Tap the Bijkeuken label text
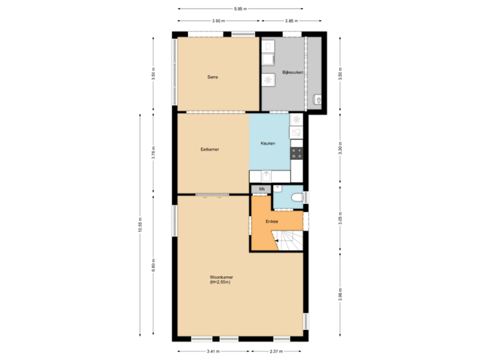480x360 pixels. pyautogui.click(x=294, y=72)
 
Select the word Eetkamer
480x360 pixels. pyautogui.click(x=210, y=149)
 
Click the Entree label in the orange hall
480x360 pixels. pyautogui.click(x=271, y=221)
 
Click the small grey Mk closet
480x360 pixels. pyautogui.click(x=261, y=189)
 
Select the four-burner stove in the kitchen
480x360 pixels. pyautogui.click(x=297, y=153)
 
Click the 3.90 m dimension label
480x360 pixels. pyautogui.click(x=217, y=21)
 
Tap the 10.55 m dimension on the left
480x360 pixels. pyautogui.click(x=140, y=225)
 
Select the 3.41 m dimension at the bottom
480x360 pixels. pyautogui.click(x=212, y=351)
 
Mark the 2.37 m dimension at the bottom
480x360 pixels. pyautogui.click(x=276, y=351)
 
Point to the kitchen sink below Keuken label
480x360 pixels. pyautogui.click(x=266, y=176)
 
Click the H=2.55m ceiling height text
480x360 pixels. pyautogui.click(x=219, y=283)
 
